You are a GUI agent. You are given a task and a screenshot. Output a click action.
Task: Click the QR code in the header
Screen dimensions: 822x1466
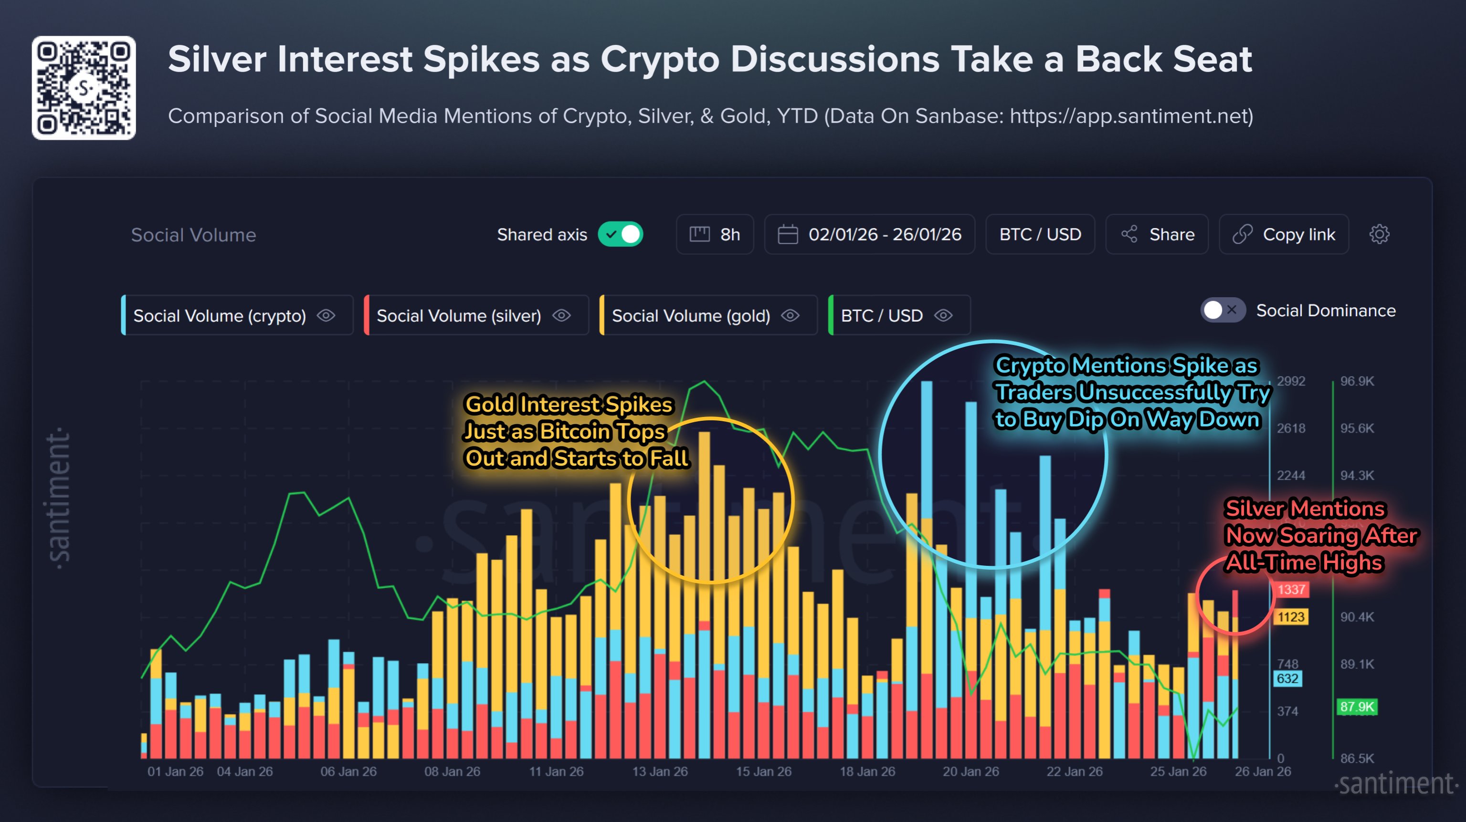click(84, 88)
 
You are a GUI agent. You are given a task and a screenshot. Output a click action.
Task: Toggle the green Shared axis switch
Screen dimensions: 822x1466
click(620, 234)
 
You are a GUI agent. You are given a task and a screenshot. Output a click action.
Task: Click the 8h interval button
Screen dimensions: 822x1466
click(715, 234)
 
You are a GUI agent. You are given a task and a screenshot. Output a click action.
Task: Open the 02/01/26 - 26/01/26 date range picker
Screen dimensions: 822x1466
click(870, 234)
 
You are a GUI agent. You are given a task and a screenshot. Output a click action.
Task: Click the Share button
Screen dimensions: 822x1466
click(1157, 234)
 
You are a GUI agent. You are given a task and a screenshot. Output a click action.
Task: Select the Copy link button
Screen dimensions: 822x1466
click(1284, 234)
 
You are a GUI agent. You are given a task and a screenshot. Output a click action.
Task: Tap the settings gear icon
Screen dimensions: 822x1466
click(1379, 234)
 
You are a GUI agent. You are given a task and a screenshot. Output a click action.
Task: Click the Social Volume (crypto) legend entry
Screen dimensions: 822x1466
click(220, 316)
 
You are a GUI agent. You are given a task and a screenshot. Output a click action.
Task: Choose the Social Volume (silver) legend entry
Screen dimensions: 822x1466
click(459, 316)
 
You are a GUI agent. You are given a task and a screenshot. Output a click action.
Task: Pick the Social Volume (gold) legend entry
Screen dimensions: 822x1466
click(691, 316)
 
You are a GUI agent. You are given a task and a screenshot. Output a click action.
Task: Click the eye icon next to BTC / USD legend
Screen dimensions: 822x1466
click(943, 316)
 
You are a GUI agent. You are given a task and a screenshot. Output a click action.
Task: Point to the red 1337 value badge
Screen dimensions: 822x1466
click(1291, 589)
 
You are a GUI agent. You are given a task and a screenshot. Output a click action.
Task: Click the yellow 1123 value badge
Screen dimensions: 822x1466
click(1291, 617)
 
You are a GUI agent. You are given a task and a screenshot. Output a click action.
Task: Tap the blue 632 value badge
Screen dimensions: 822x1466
click(1287, 678)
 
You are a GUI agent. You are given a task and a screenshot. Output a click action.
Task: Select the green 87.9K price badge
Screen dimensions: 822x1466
click(1357, 707)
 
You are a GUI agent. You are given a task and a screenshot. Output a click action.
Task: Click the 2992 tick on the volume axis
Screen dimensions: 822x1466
click(1291, 381)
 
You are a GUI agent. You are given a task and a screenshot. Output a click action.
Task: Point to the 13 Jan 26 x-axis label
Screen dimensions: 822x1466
click(660, 771)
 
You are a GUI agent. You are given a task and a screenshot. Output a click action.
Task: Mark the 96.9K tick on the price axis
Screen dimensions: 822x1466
click(1357, 381)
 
